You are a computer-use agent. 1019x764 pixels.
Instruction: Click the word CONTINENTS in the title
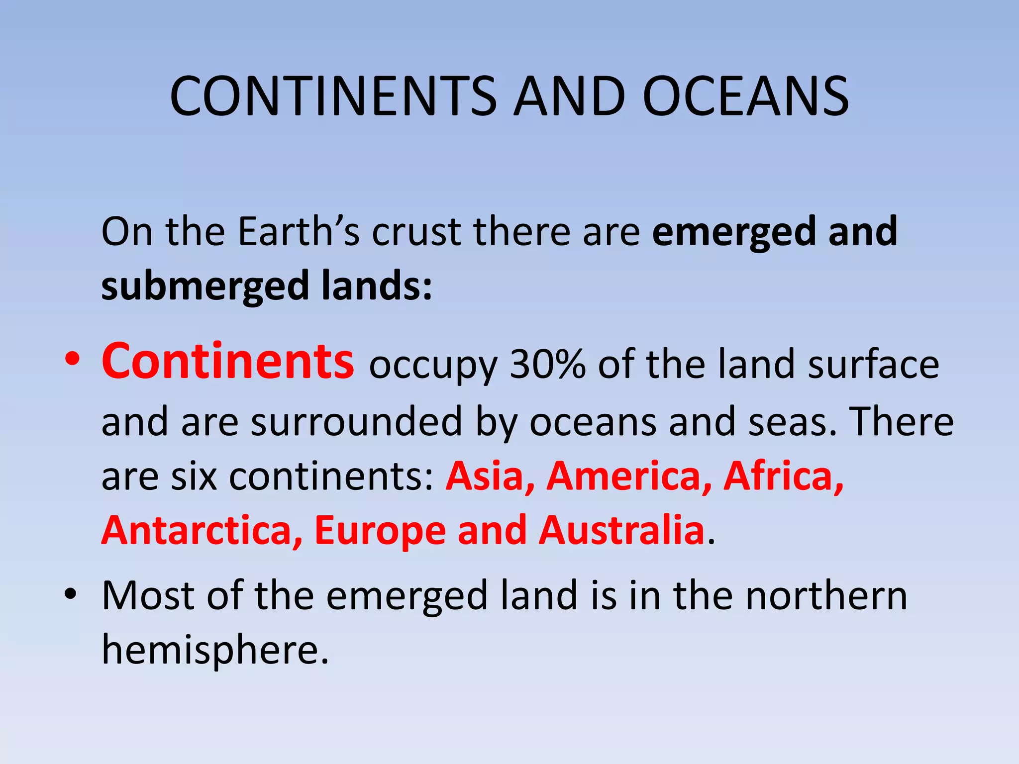pos(333,96)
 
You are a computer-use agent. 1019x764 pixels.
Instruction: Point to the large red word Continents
pos(228,361)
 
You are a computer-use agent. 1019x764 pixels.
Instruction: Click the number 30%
pos(548,365)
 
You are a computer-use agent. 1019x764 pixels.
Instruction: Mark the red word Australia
pos(621,531)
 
